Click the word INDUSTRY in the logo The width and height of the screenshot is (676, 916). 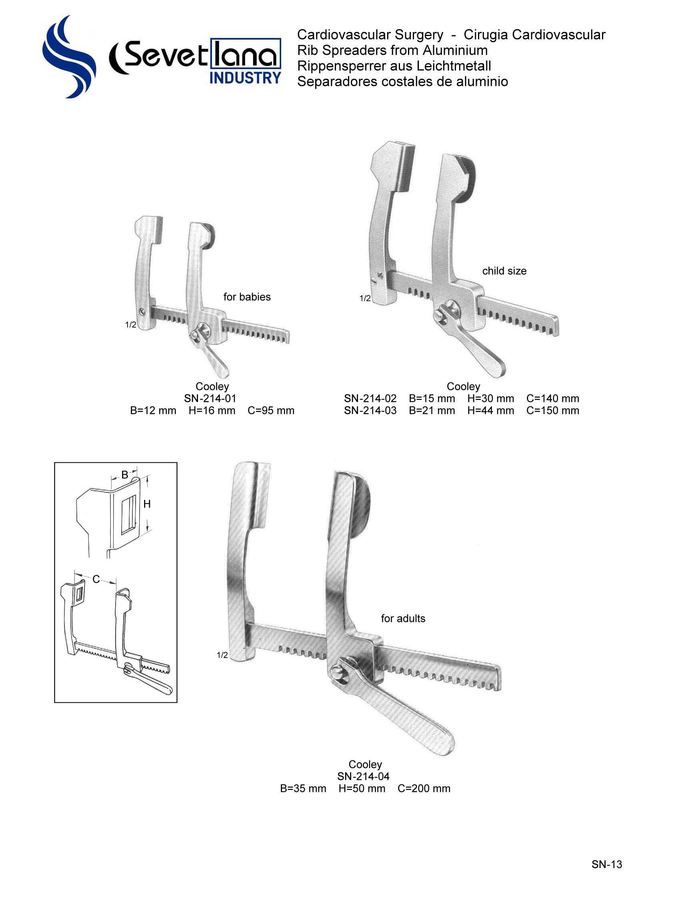coord(245,78)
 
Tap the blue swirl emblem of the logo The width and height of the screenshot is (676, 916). coord(68,57)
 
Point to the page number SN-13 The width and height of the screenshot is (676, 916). coord(606,864)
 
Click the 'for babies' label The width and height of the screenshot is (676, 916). coord(247,297)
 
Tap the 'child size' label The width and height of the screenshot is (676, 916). coord(504,271)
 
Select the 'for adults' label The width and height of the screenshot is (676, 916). coord(403,618)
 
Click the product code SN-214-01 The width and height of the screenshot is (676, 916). coord(210,398)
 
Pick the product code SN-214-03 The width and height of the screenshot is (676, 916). coord(370,410)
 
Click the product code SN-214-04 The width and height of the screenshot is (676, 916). coord(363,776)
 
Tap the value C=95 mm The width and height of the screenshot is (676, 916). coord(271,410)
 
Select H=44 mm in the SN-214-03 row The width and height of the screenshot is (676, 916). coord(491,410)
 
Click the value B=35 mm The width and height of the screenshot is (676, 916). coord(303,788)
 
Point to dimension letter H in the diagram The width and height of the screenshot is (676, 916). coord(147,504)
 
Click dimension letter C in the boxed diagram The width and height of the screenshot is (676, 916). coord(96,579)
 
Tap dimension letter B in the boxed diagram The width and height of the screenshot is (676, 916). coord(124,475)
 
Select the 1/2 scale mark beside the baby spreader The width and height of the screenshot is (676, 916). coord(130,325)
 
